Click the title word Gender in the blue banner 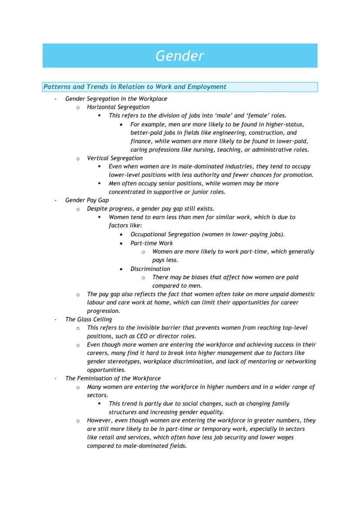tap(180, 56)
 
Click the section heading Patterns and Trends tap(134, 87)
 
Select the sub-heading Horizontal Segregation tap(118, 107)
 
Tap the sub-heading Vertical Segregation tap(114, 158)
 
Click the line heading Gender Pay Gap tap(87, 200)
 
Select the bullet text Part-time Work tap(151, 243)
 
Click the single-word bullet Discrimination tap(150, 269)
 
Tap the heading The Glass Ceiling tap(88, 319)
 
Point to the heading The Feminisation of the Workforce tap(113, 379)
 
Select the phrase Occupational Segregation tap(165, 234)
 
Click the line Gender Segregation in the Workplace tap(116, 99)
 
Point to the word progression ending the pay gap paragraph tap(103, 311)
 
